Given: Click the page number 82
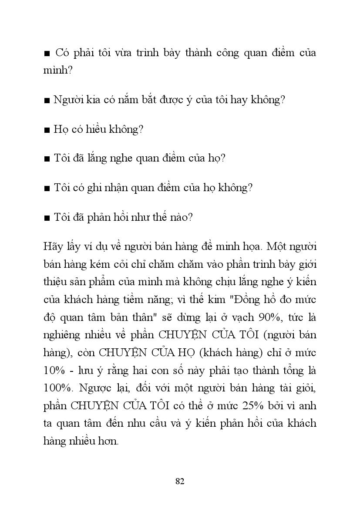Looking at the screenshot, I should click(180, 481).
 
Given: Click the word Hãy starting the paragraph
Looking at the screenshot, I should click(54, 246).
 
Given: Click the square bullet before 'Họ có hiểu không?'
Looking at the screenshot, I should click(47, 130).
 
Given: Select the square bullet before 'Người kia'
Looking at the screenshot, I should click(47, 101).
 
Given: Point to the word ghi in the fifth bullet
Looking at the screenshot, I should click(101, 188).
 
